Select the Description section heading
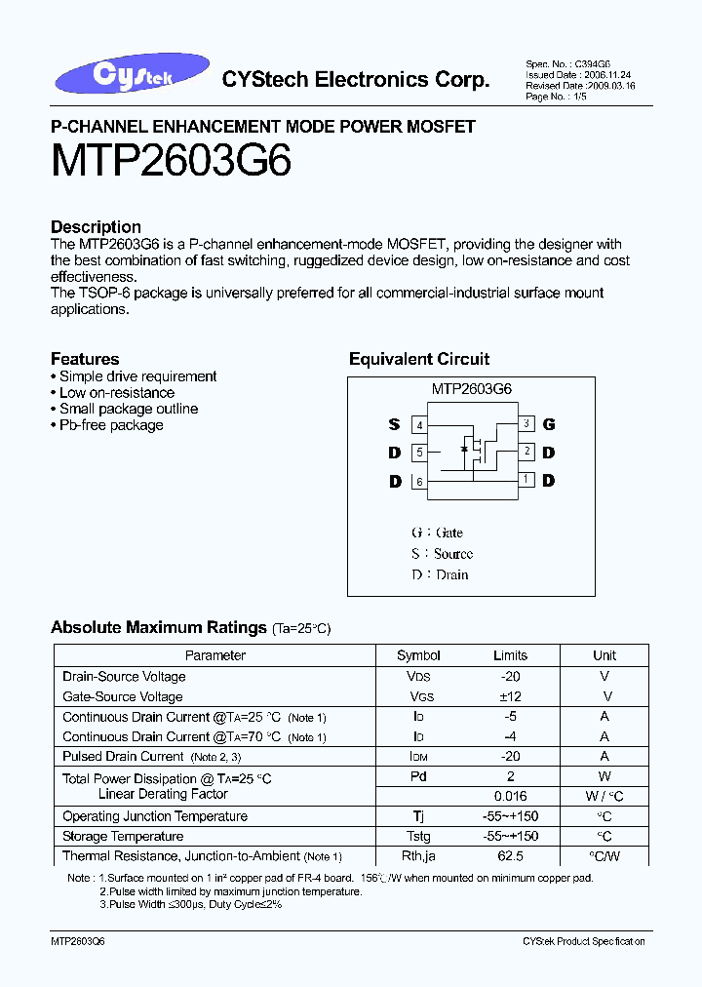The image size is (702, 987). coord(96,226)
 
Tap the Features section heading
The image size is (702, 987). coord(85,359)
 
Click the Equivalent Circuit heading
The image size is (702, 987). coord(419,359)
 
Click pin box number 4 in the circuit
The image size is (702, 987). coord(419,425)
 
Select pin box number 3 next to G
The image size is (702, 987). coord(526,423)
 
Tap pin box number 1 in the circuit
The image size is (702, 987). coord(526,479)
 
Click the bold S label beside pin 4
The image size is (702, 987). coord(394,424)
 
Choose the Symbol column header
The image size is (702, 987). coord(418,655)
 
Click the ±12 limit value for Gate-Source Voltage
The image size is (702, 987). coord(510,696)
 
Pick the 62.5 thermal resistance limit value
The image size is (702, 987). coord(510,856)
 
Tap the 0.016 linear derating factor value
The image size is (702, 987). coord(510,796)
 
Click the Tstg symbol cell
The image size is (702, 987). coord(418,837)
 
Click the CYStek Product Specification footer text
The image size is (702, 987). coord(583,941)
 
